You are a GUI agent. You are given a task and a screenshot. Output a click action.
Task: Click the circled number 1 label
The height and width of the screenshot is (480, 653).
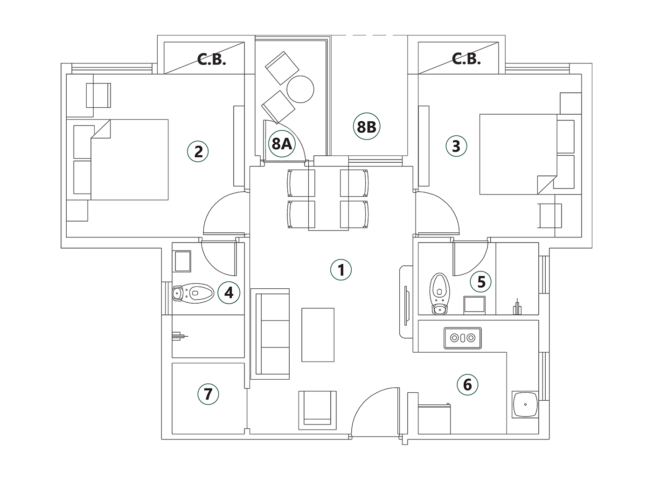tap(341, 270)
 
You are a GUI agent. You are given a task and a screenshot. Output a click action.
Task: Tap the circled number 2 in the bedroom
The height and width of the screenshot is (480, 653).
tap(198, 151)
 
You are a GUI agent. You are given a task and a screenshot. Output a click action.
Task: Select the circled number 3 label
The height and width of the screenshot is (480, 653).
tap(456, 146)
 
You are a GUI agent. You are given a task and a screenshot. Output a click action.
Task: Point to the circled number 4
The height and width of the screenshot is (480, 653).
tap(229, 292)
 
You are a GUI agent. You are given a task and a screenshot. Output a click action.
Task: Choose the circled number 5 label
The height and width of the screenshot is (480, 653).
tap(481, 282)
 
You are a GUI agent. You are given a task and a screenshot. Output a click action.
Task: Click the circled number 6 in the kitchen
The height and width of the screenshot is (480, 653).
tap(467, 385)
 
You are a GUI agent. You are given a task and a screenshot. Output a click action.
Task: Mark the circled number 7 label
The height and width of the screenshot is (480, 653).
tap(208, 394)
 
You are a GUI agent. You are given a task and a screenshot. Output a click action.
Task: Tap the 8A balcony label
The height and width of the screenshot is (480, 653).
tap(282, 144)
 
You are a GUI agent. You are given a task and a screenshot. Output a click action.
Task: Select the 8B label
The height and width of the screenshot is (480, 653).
tap(367, 126)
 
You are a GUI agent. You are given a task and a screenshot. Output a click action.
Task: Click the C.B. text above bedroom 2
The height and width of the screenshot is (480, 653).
tap(211, 60)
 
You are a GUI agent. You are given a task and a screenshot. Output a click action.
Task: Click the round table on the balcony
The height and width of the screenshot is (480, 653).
tap(300, 89)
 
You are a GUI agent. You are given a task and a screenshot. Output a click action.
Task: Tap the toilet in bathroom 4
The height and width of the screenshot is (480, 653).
tap(193, 293)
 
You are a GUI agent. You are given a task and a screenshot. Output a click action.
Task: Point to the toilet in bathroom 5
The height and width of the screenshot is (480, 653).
tap(439, 294)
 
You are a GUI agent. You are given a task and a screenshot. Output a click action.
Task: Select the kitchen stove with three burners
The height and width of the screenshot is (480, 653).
tap(463, 338)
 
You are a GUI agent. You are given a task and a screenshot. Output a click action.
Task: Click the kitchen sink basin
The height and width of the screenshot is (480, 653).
tap(525, 404)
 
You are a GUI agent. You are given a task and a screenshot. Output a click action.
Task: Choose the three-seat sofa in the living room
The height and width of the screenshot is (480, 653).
tap(270, 334)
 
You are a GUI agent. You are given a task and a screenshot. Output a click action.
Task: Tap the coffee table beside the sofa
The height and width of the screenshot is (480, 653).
tap(318, 335)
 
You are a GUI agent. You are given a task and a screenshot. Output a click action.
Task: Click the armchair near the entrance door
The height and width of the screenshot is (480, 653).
tap(317, 410)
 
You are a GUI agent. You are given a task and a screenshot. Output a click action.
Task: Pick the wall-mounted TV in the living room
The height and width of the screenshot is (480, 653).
tap(406, 306)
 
